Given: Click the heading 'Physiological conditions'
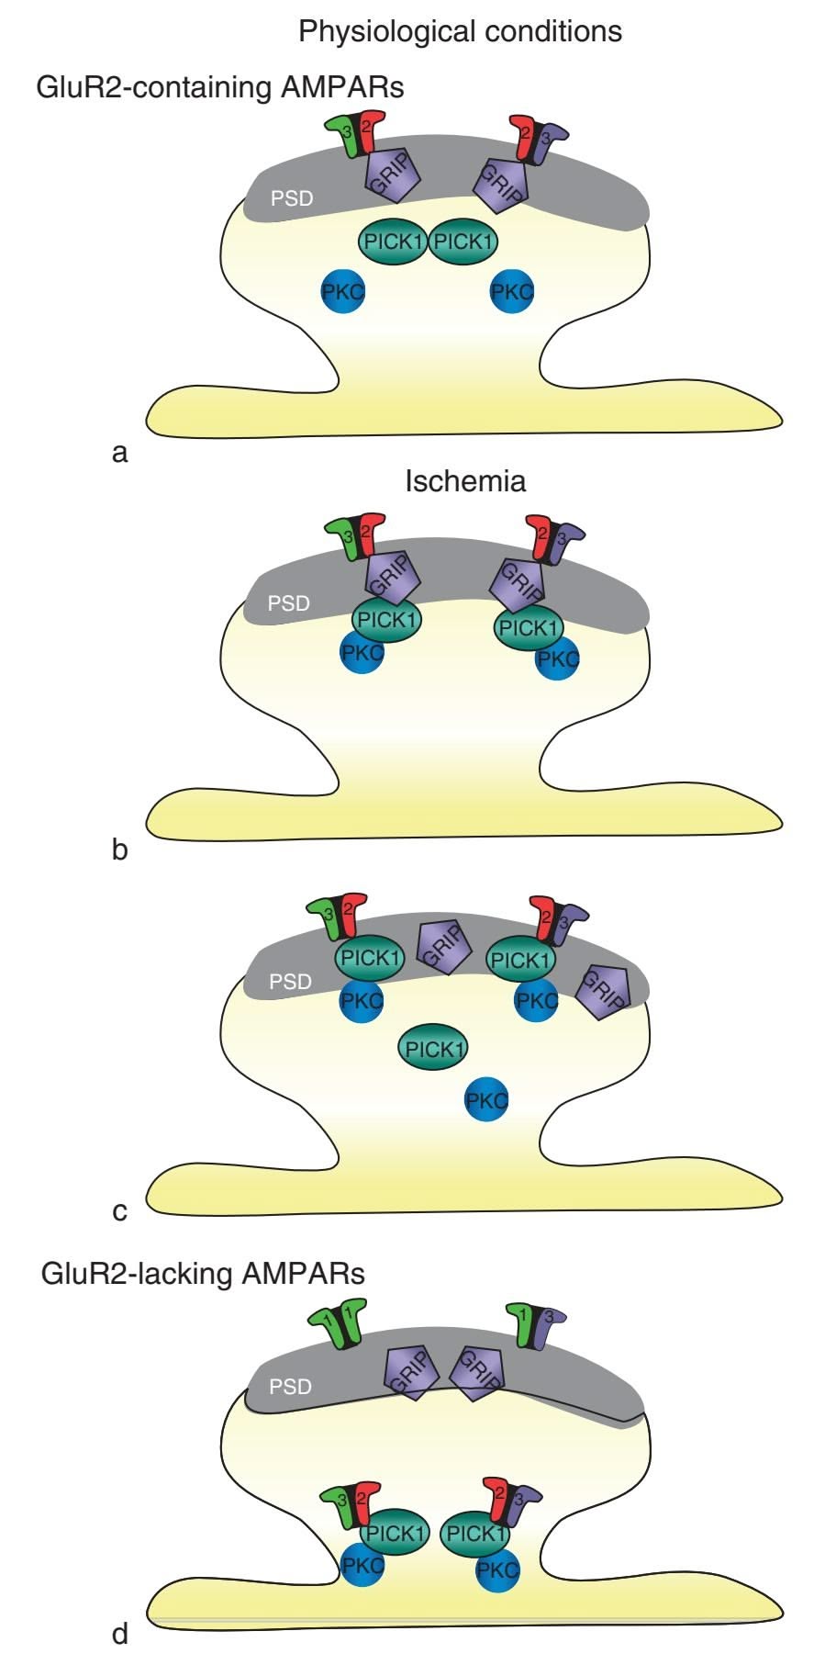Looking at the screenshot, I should point(460,31).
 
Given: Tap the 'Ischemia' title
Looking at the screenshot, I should point(465,481).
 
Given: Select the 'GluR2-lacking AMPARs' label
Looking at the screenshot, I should point(203,1275).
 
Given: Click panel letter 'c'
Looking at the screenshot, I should point(119,1211).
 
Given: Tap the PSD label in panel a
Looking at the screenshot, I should point(292,197).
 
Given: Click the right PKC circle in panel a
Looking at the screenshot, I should point(511,292).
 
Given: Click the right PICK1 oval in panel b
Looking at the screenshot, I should point(530,628).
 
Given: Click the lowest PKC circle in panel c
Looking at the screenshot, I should point(486,1099).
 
